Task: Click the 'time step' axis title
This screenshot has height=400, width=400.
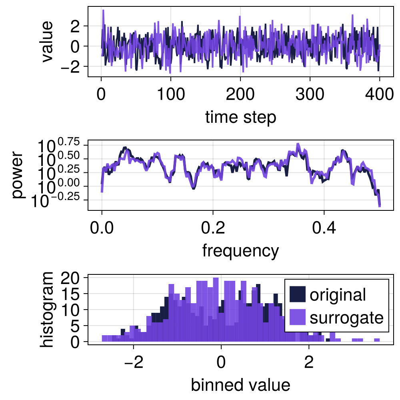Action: click(240, 118)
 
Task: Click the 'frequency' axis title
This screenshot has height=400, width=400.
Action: click(240, 251)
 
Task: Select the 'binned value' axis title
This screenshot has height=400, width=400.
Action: click(240, 385)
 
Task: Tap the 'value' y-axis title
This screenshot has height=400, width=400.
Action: click(47, 42)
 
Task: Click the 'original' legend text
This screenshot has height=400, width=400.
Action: click(338, 295)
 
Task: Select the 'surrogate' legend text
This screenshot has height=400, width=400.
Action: click(346, 318)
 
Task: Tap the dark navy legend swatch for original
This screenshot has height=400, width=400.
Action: click(298, 295)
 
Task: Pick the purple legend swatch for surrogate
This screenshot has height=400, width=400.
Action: click(298, 318)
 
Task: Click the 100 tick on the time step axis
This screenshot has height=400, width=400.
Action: click(171, 95)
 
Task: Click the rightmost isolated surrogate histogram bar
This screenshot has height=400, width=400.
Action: click(377, 340)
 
